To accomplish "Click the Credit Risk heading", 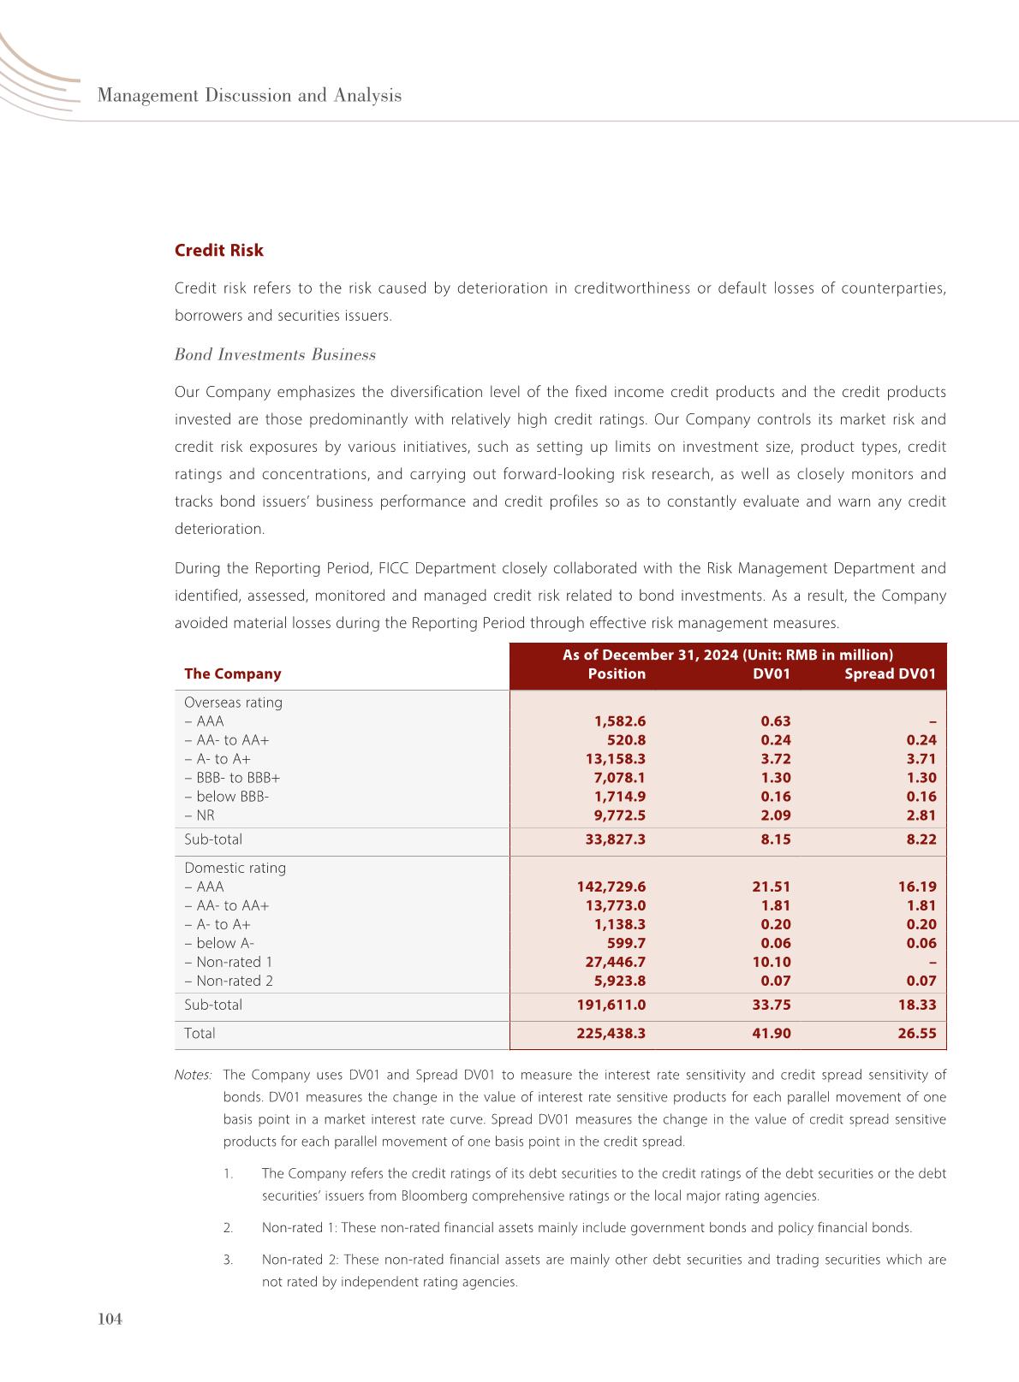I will [218, 251].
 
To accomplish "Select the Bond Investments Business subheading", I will [275, 355].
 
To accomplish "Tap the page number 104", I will [110, 1320].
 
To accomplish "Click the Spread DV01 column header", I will [890, 674].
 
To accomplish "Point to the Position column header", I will [617, 674].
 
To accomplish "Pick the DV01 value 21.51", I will [771, 887].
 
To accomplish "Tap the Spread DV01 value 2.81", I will [921, 816].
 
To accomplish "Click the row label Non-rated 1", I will [229, 963].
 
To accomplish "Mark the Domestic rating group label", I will [235, 869].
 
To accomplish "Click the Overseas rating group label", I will [233, 703].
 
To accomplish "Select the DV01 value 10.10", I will [771, 963].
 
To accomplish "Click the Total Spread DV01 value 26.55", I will [917, 1034].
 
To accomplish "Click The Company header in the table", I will [232, 674].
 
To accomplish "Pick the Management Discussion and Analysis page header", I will [249, 96].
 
